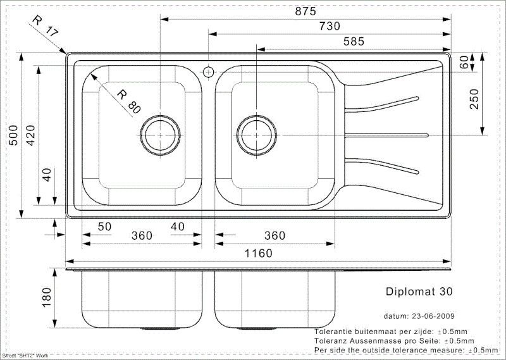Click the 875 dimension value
tap(305, 11)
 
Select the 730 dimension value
tap(330, 26)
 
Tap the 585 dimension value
tap(354, 41)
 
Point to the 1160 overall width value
tap(258, 253)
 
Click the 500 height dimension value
tap(13, 135)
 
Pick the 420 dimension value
tap(30, 135)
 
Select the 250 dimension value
tap(474, 99)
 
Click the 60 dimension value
tap(464, 62)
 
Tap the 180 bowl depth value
tap(46, 297)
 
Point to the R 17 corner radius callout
tap(45, 26)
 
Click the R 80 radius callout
tap(128, 101)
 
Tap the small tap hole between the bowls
tap(209, 71)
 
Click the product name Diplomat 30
tap(419, 292)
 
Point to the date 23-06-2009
tap(433, 316)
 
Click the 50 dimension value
tap(104, 227)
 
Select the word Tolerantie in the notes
tap(332, 332)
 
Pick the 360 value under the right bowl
tap(275, 236)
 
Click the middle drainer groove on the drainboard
tap(386, 135)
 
